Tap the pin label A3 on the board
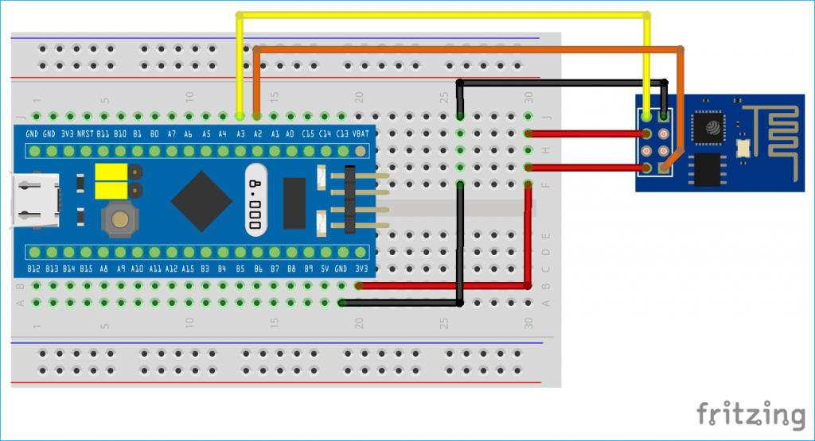[x=240, y=133]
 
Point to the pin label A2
[x=257, y=133]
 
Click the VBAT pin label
[x=361, y=133]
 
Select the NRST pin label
[x=85, y=133]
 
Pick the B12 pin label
[x=33, y=269]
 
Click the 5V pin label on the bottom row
[x=325, y=269]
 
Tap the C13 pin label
[x=342, y=133]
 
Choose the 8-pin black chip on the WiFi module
[x=708, y=169]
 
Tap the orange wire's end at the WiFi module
[x=666, y=167]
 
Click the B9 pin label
[x=308, y=269]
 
